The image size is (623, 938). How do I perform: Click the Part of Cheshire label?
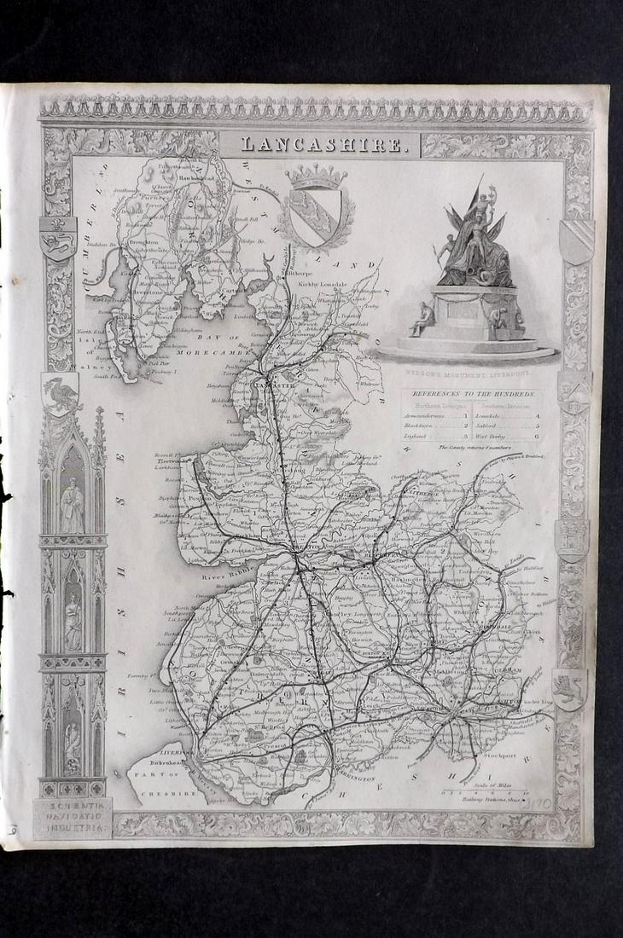pyautogui.click(x=164, y=792)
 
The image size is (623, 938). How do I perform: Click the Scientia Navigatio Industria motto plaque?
pyautogui.click(x=73, y=817)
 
